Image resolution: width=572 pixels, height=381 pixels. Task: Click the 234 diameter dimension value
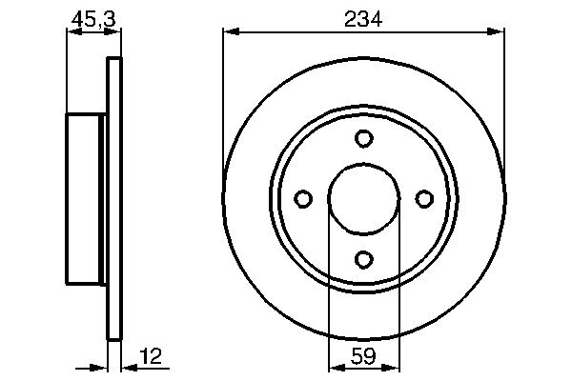click(x=363, y=17)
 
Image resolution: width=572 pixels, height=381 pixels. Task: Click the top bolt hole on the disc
click(x=363, y=139)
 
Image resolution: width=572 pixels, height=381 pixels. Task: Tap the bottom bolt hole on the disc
click(x=363, y=258)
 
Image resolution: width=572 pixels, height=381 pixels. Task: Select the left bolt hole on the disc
click(x=303, y=198)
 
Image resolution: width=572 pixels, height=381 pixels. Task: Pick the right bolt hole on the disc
click(x=423, y=198)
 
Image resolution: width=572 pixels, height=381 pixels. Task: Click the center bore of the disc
click(x=363, y=198)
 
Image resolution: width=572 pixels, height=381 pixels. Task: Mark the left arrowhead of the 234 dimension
click(x=230, y=32)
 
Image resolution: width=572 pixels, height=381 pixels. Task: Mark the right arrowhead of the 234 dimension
click(x=497, y=32)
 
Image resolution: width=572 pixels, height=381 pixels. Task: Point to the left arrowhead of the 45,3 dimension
click(x=71, y=32)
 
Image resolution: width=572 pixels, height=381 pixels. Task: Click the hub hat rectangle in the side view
click(x=84, y=198)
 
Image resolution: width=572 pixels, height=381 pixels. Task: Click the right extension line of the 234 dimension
click(x=504, y=95)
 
